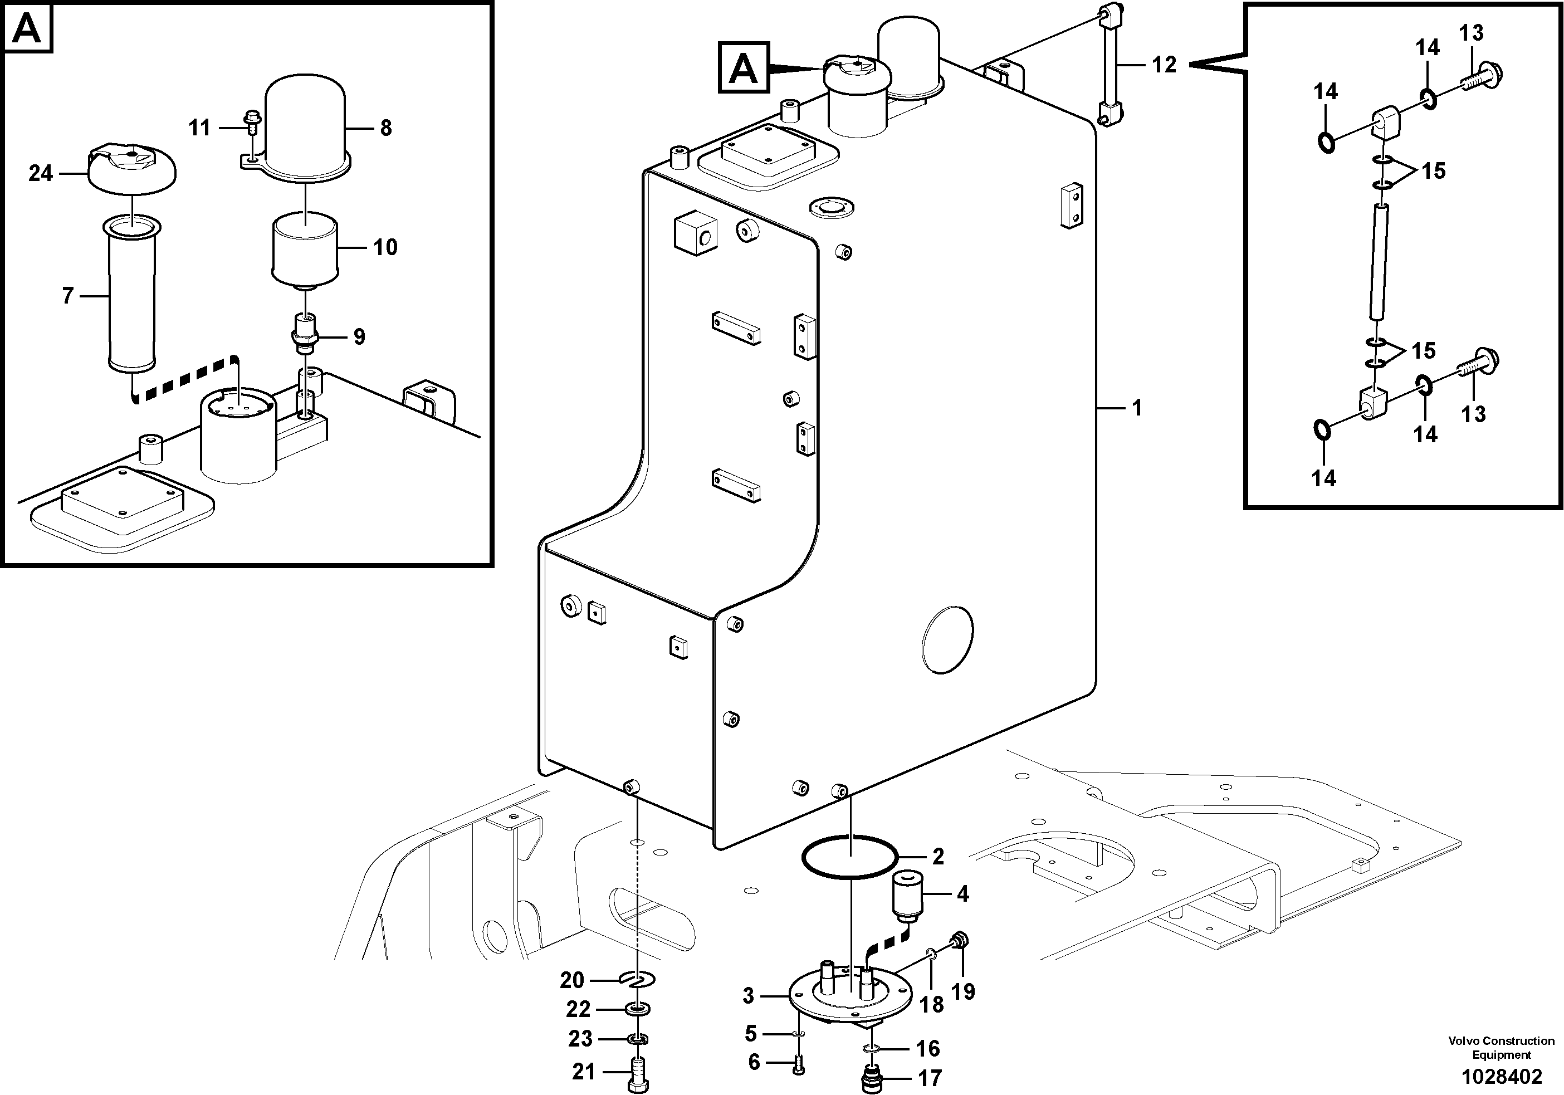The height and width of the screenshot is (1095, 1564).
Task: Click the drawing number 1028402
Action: (1501, 1077)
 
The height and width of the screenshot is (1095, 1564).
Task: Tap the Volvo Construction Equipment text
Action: (1501, 1047)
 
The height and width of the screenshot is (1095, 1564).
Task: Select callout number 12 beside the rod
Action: (1164, 65)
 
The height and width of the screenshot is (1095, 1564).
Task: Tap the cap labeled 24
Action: (132, 168)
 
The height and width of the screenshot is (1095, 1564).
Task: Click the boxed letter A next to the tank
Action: (743, 67)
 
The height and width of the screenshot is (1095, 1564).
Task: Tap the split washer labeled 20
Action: (638, 980)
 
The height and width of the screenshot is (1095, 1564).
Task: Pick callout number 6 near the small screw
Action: (754, 1062)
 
